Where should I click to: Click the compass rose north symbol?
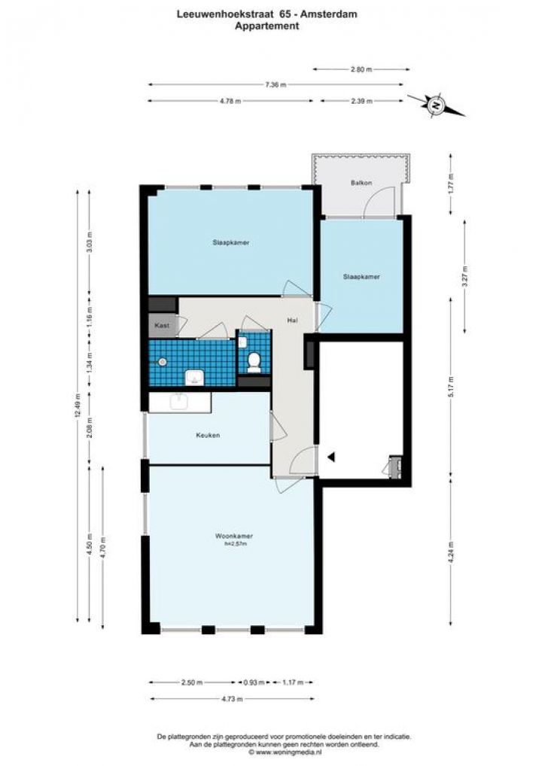(x=435, y=105)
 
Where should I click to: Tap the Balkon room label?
(x=361, y=183)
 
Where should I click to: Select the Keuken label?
(x=208, y=435)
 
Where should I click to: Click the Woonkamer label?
(x=234, y=536)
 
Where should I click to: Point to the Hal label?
(x=292, y=321)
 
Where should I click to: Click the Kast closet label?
(x=162, y=325)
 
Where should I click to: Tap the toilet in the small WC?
(x=254, y=363)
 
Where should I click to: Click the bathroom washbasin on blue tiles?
(x=194, y=378)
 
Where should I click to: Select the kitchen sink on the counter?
(x=179, y=402)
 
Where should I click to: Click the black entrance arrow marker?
(x=331, y=457)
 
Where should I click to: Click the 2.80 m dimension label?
(x=361, y=69)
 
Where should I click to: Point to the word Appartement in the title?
(x=266, y=26)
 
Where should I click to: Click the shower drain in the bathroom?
(x=163, y=362)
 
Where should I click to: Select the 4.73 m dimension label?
(x=232, y=699)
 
